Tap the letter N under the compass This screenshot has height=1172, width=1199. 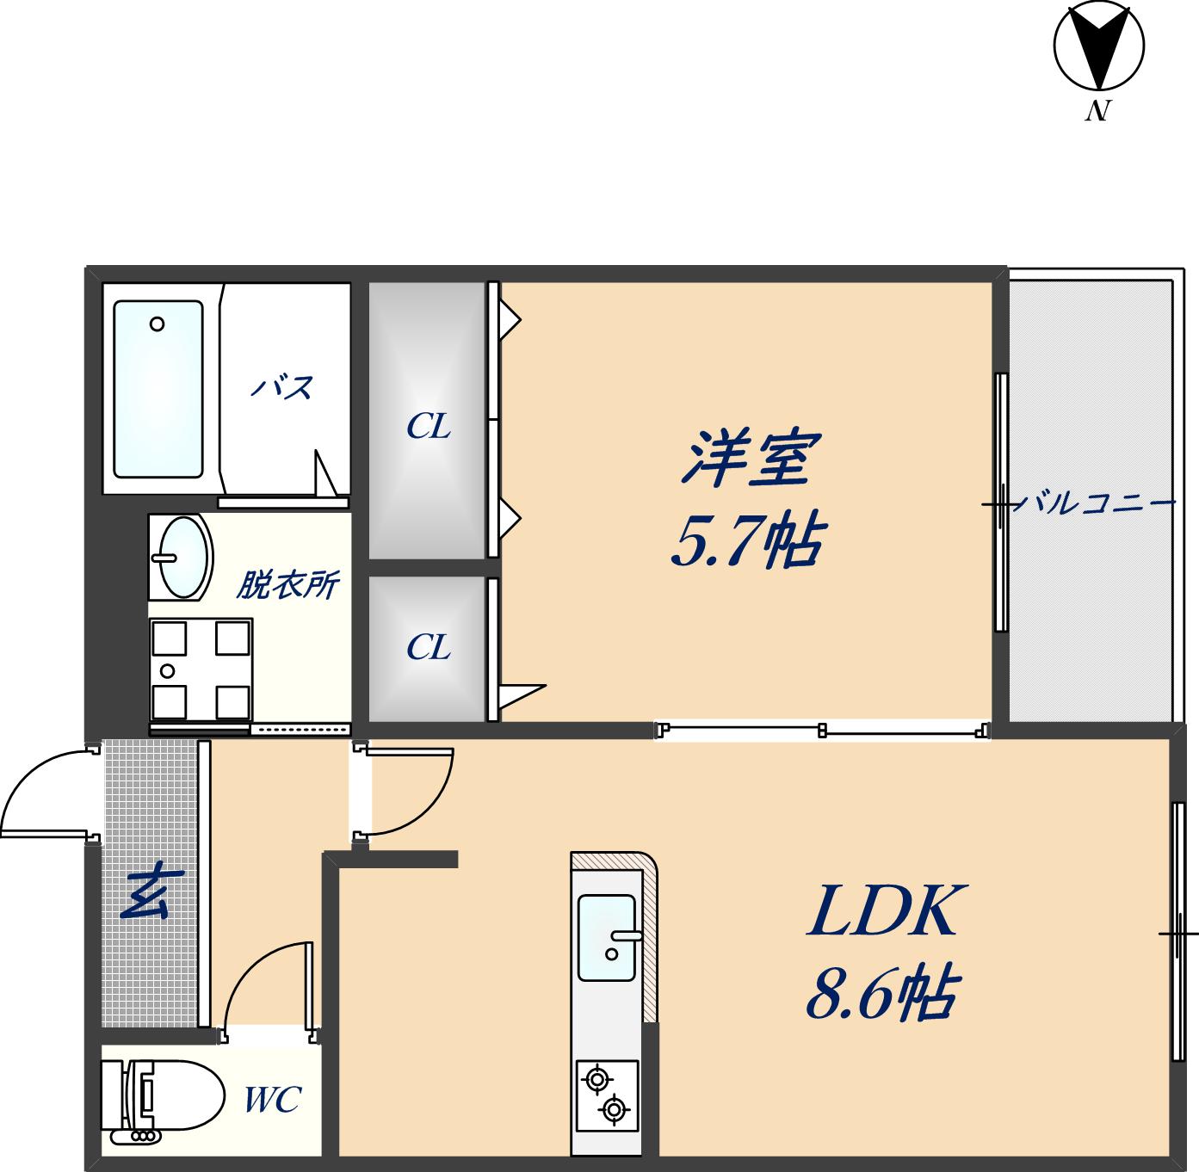[x=1096, y=112]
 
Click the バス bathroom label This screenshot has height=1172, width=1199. [x=281, y=388]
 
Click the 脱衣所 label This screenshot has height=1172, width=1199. [x=287, y=586]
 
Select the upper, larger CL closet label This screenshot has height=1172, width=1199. [x=428, y=426]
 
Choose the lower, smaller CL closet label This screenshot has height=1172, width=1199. [x=428, y=647]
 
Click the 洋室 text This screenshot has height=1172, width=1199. [x=748, y=458]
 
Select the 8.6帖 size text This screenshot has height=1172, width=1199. [x=881, y=996]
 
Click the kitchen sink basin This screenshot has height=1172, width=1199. [x=607, y=937]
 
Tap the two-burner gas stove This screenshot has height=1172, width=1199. [x=606, y=1094]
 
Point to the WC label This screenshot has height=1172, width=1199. [x=272, y=1100]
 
